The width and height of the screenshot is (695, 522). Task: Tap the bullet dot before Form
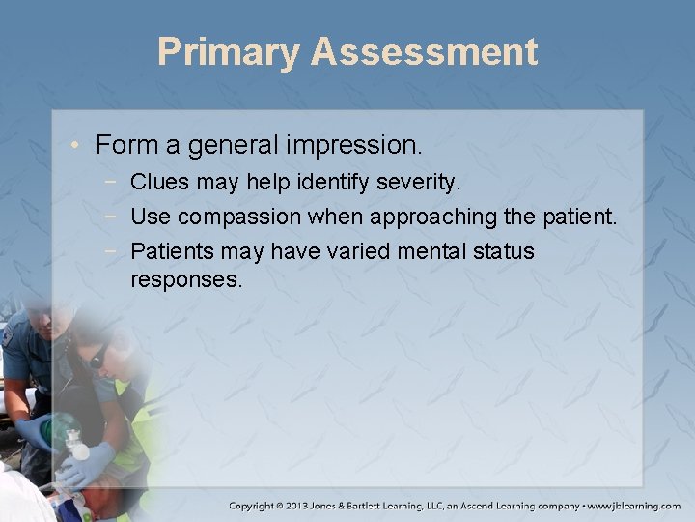pos(79,146)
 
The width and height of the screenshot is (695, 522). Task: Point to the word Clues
pos(159,181)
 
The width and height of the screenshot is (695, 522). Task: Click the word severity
pos(429,181)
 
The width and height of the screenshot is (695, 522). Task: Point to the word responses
pos(187,280)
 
